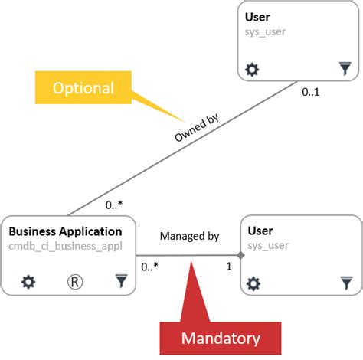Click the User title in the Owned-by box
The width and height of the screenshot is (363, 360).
click(257, 18)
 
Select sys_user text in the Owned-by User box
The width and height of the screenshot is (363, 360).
click(265, 32)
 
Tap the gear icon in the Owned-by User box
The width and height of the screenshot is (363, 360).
click(252, 70)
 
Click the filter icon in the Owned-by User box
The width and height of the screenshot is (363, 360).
click(345, 70)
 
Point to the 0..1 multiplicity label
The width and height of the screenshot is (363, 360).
click(310, 92)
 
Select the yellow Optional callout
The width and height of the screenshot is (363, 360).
click(83, 88)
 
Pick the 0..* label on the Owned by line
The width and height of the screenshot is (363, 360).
click(116, 205)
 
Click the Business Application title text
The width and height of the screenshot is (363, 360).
click(65, 231)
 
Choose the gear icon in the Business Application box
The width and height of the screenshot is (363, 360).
click(28, 282)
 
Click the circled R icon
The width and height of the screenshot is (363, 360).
click(75, 282)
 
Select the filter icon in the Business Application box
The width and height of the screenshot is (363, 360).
click(121, 282)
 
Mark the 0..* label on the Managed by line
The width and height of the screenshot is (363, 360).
click(150, 267)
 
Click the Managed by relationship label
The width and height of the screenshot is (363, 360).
click(189, 237)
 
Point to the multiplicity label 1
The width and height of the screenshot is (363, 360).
click(227, 267)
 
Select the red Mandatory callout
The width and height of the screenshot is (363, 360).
click(220, 338)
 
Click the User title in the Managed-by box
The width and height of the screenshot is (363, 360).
click(260, 231)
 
